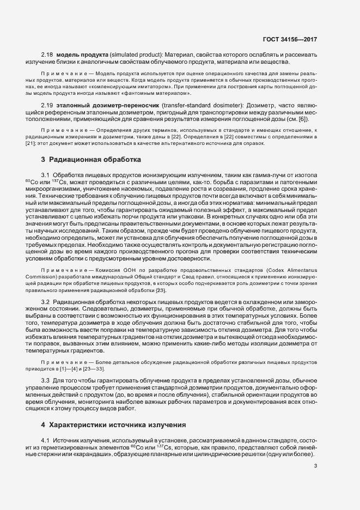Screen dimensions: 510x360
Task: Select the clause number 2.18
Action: coord(47,55)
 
